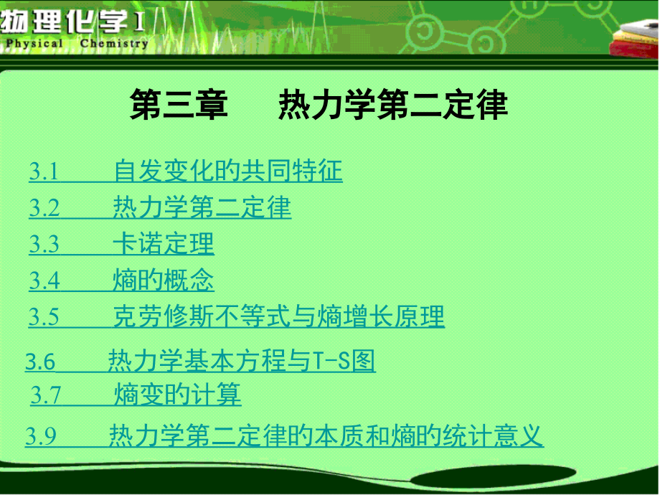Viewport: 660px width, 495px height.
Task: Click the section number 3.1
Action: pos(44,171)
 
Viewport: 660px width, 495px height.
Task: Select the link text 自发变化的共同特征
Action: pos(228,171)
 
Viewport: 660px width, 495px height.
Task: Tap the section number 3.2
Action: pos(44,207)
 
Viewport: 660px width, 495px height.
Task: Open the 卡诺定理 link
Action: pos(164,244)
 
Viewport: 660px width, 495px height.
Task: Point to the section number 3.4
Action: pos(44,280)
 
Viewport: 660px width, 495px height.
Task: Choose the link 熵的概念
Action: pos(164,280)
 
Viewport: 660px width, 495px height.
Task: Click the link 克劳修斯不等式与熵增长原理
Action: pos(278,316)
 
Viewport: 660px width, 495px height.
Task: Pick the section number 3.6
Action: pos(40,362)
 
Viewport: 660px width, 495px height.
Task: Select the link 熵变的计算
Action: pos(178,395)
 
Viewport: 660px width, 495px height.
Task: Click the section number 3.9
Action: pos(41,435)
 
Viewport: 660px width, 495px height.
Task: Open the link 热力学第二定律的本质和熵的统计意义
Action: pos(326,435)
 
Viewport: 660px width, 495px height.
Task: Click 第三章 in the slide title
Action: pos(179,105)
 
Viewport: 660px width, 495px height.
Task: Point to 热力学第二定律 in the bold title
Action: pos(393,105)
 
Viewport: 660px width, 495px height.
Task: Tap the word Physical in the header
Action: pos(34,43)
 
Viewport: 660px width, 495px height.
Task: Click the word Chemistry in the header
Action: pos(114,43)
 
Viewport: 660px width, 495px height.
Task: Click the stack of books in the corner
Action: pos(635,39)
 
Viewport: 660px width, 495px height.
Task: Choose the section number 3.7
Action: pos(46,395)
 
